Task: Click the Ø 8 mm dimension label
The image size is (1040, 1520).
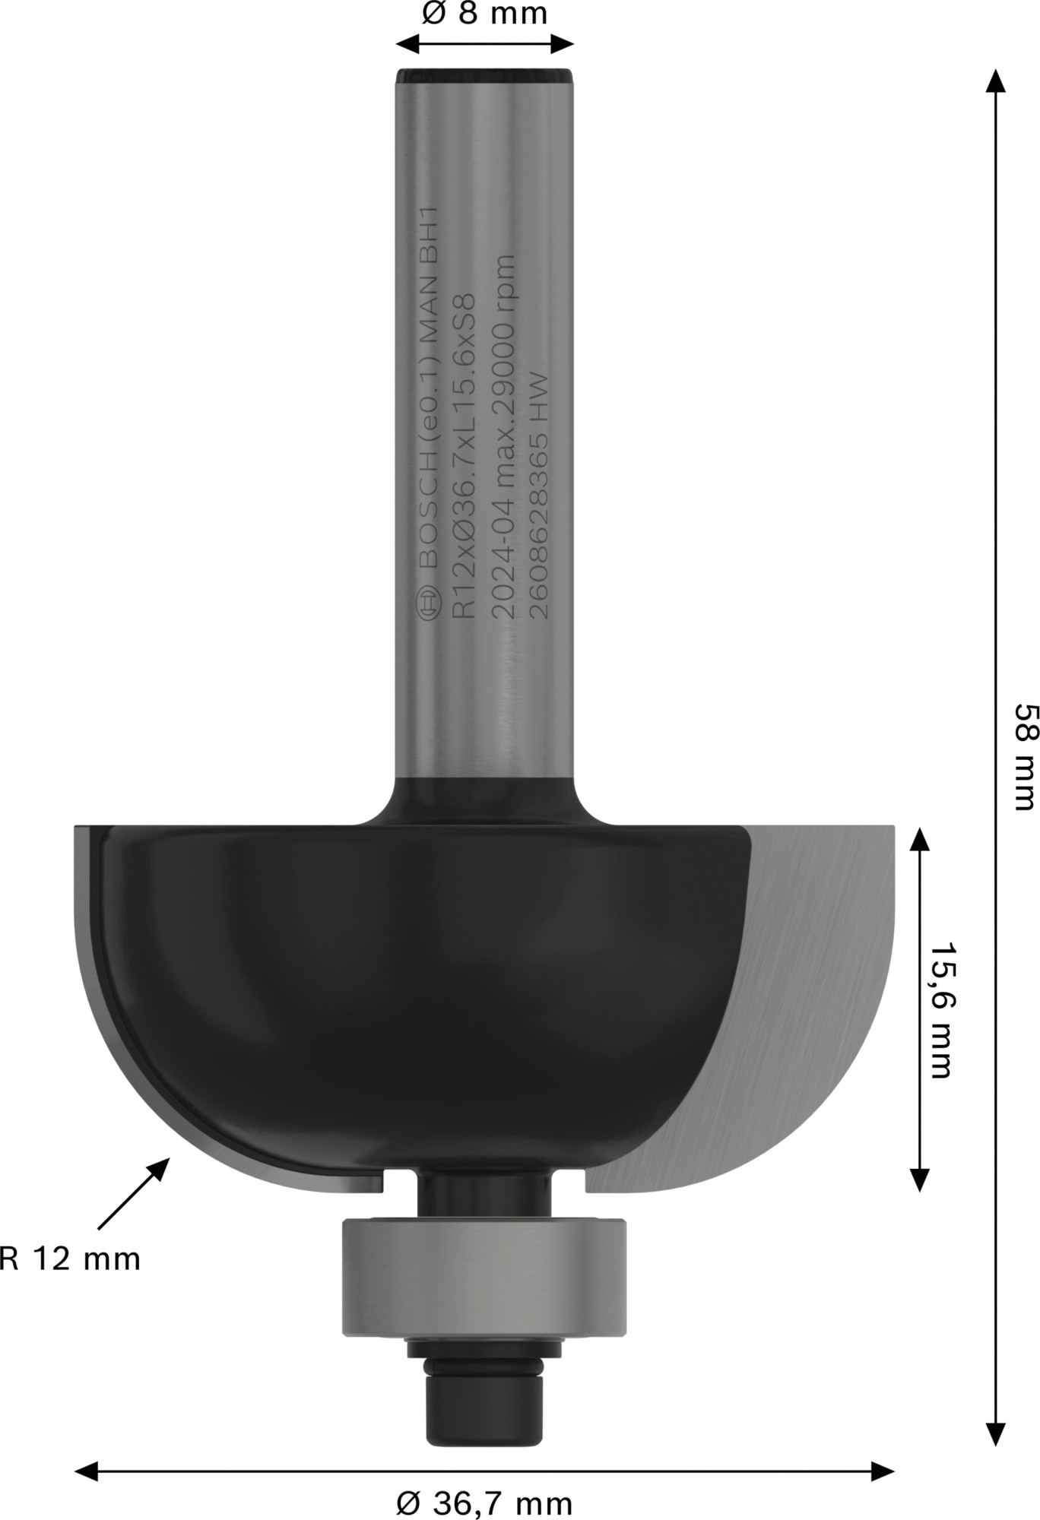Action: tap(484, 14)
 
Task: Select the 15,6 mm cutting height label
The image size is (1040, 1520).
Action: tap(940, 1011)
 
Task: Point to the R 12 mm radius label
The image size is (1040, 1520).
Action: tap(70, 1259)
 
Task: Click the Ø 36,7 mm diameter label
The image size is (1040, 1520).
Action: tap(484, 1503)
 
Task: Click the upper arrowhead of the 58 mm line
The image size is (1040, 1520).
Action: tap(996, 80)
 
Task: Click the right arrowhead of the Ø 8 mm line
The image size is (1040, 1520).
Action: tap(563, 43)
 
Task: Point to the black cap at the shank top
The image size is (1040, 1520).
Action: tap(484, 76)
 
